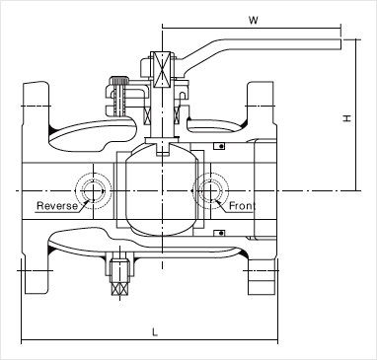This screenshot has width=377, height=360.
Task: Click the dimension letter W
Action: (x=253, y=20)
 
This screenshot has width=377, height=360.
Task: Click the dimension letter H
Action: (x=347, y=118)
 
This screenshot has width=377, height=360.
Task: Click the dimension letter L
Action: (x=155, y=332)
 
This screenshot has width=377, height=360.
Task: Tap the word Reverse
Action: (x=57, y=206)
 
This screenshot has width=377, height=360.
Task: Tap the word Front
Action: (x=242, y=206)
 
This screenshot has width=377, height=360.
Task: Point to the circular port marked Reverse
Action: (x=94, y=190)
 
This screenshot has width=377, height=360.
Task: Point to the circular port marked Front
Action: (x=210, y=190)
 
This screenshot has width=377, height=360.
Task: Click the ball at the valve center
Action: (x=162, y=190)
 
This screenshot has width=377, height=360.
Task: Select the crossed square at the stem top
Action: (x=162, y=70)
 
